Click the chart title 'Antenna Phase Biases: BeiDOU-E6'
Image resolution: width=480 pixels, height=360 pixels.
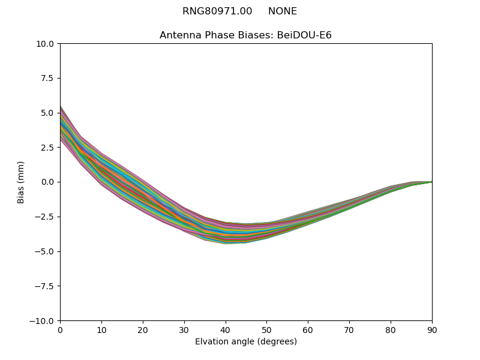(x=245, y=35)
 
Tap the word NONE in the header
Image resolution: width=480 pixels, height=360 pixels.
(x=283, y=11)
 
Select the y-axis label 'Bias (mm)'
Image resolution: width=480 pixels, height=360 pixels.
(x=21, y=182)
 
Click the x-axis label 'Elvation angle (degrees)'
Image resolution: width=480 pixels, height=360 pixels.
(x=245, y=342)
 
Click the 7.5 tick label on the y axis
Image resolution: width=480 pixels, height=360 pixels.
(x=48, y=78)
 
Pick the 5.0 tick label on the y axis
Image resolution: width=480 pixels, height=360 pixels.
(x=48, y=113)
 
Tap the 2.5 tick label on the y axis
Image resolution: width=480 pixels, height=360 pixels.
(x=48, y=148)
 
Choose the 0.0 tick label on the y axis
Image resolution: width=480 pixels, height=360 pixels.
(x=48, y=182)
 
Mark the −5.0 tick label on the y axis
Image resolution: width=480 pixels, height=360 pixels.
(x=46, y=251)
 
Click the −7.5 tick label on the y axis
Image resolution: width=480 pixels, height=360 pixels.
(x=46, y=286)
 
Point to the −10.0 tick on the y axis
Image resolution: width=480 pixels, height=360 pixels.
(x=43, y=321)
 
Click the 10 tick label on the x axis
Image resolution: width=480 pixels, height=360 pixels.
(x=101, y=330)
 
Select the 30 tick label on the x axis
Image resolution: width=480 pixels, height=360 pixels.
(x=184, y=330)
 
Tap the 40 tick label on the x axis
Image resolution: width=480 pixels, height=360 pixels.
(x=226, y=330)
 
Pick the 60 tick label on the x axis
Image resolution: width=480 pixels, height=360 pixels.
(x=308, y=330)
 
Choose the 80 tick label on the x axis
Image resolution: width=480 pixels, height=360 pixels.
(x=391, y=330)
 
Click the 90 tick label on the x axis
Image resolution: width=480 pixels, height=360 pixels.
(x=432, y=330)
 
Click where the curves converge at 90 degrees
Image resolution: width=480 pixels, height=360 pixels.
(x=431, y=182)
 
